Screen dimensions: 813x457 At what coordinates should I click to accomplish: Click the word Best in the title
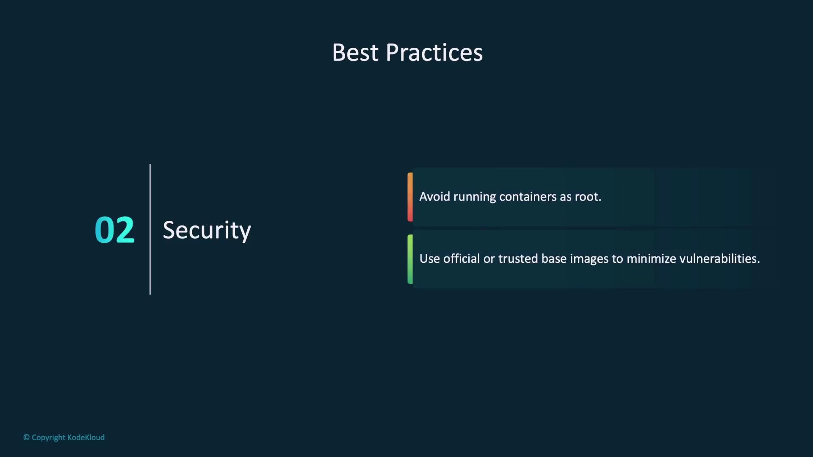click(x=355, y=53)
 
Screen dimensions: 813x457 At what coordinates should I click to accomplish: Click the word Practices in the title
click(x=434, y=53)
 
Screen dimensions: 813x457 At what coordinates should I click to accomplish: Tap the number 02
click(x=114, y=230)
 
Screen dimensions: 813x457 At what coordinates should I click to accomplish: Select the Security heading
click(x=207, y=231)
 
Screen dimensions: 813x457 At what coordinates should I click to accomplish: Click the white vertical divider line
click(x=150, y=229)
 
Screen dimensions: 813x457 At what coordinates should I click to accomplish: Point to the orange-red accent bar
click(x=410, y=197)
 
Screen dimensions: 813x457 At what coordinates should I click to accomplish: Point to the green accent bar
click(x=410, y=259)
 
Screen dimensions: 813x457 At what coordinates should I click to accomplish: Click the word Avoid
click(x=434, y=197)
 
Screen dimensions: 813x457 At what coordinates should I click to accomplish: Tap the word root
click(x=588, y=197)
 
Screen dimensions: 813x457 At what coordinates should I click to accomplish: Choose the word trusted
click(x=518, y=259)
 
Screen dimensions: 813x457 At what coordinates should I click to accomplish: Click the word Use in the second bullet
click(x=430, y=259)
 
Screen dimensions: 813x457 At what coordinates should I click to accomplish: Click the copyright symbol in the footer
click(x=26, y=438)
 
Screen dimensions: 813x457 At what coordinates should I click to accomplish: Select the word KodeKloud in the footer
click(x=86, y=438)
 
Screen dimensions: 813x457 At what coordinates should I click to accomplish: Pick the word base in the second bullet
click(x=554, y=259)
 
